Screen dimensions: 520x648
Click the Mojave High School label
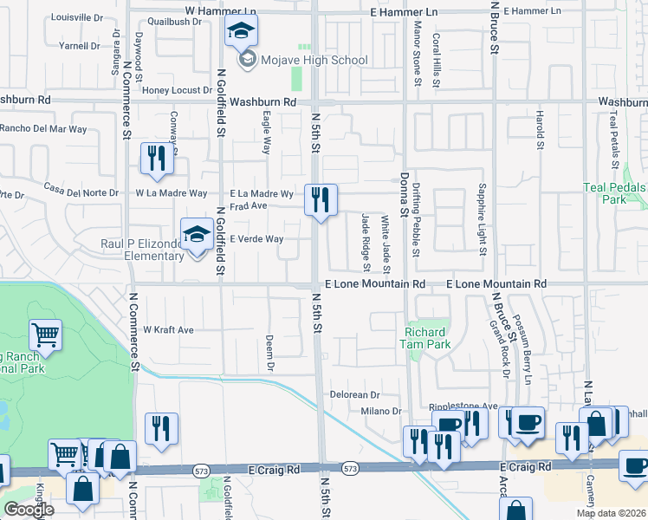(315, 61)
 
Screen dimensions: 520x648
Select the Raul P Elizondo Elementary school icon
(197, 233)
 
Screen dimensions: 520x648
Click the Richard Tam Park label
(425, 338)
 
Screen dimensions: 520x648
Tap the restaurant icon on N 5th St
(321, 200)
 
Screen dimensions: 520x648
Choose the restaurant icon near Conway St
(157, 158)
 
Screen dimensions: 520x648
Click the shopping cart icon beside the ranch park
(46, 335)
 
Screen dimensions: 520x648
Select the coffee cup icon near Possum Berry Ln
(526, 423)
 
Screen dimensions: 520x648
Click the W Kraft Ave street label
(168, 330)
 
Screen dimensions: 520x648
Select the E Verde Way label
(256, 239)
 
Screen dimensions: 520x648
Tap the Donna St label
(403, 194)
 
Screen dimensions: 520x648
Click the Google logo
(28, 510)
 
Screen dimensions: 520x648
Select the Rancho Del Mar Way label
(43, 129)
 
